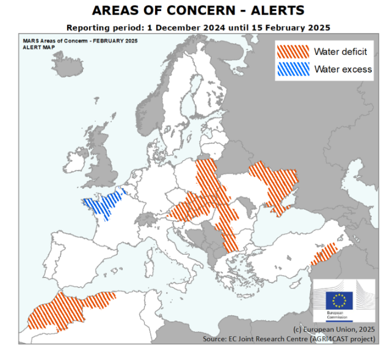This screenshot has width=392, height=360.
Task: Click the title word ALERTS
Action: [273, 11]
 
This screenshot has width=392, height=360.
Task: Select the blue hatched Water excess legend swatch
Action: [292, 69]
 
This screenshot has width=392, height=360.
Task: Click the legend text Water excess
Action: [343, 69]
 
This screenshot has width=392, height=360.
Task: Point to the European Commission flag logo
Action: [339, 300]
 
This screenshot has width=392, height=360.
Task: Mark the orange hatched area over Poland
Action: [206, 177]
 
